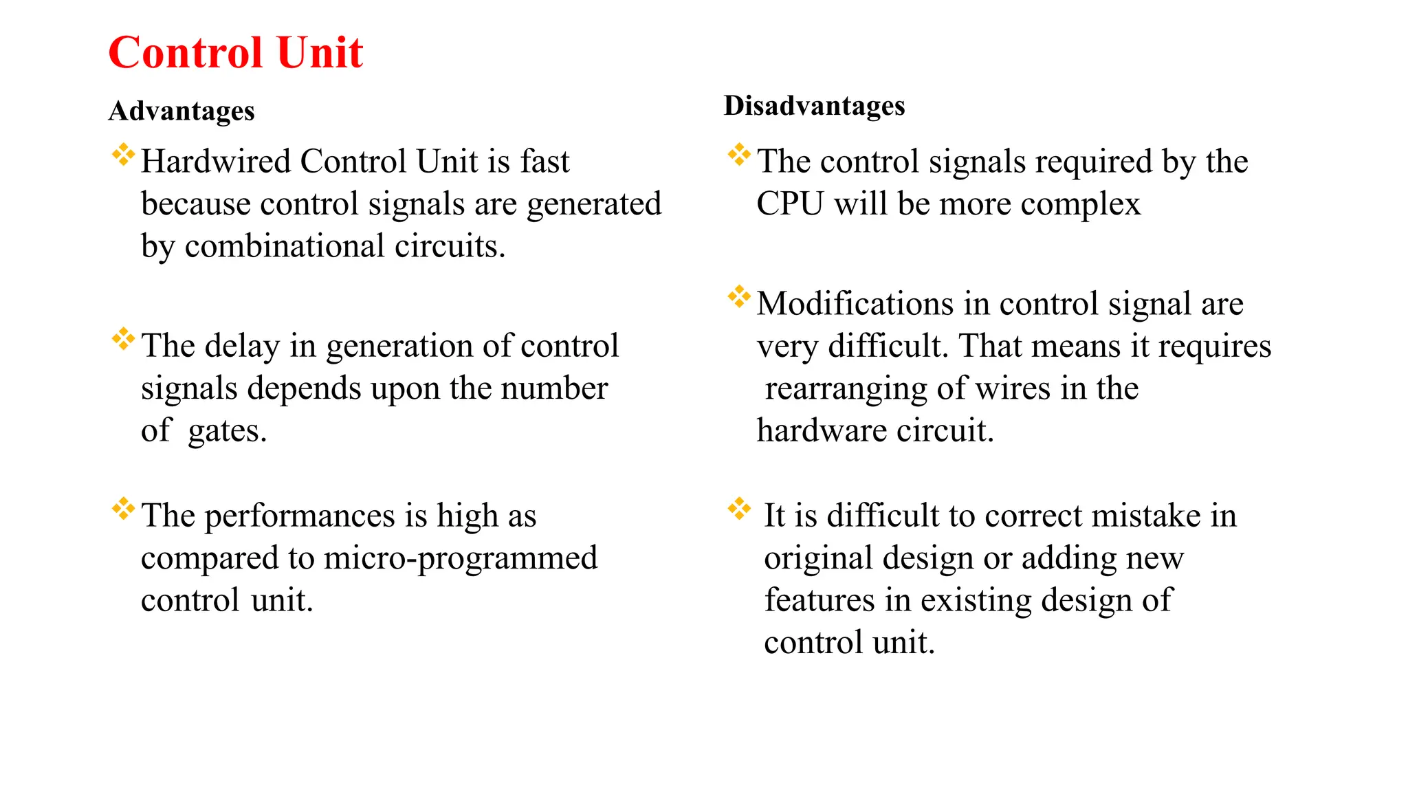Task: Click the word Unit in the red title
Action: (320, 53)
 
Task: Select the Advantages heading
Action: (181, 111)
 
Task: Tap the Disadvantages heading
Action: (814, 106)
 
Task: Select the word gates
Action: (227, 432)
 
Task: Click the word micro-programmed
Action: (461, 558)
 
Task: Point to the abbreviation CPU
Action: (790, 204)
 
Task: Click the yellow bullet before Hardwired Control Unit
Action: (123, 155)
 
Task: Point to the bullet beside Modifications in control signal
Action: (739, 297)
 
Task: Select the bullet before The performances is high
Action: (123, 509)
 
